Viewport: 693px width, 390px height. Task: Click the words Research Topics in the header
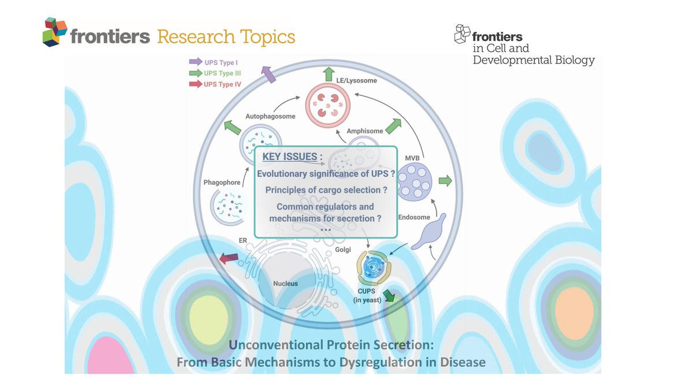click(x=226, y=37)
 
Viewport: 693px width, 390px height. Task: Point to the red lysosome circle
click(x=327, y=104)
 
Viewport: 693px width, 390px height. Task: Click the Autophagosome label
click(x=270, y=116)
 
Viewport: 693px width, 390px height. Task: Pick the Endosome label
click(x=414, y=217)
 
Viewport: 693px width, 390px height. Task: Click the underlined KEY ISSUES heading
click(x=289, y=157)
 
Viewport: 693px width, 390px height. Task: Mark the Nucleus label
click(x=285, y=284)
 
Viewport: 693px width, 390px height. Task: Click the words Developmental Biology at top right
click(x=534, y=60)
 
